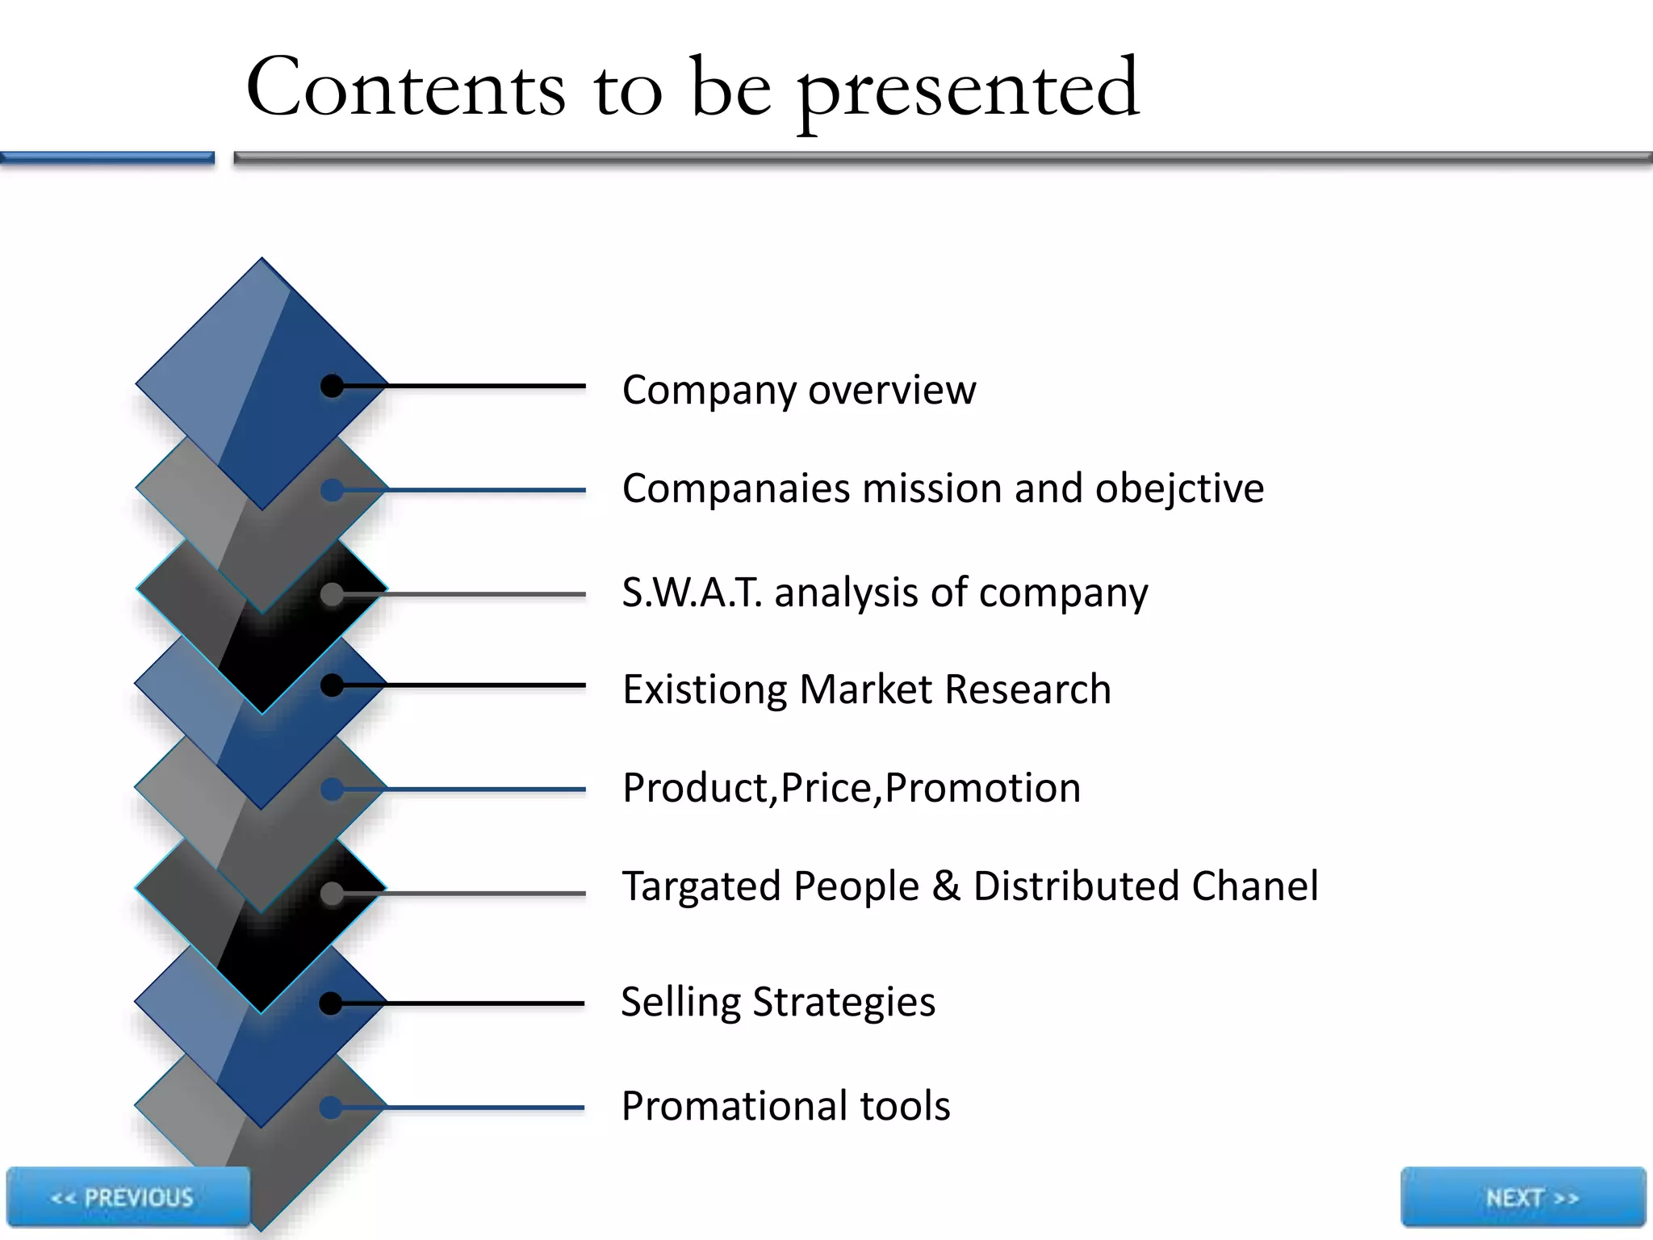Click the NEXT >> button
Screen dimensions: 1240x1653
click(x=1523, y=1197)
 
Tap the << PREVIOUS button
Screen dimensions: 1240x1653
click(x=128, y=1197)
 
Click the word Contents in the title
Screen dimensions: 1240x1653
click(x=405, y=87)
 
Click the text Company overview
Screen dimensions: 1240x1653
click(x=798, y=390)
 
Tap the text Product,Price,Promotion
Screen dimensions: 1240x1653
click(x=851, y=788)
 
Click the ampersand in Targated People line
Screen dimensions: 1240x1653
click(x=945, y=886)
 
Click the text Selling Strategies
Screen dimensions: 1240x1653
click(x=777, y=1002)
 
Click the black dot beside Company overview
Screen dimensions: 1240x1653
click(x=332, y=386)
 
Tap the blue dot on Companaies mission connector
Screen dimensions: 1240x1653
click(x=332, y=490)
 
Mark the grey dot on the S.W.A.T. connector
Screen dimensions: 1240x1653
click(x=332, y=594)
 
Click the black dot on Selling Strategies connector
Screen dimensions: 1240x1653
click(x=331, y=1003)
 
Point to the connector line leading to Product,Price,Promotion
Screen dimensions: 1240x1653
click(x=484, y=790)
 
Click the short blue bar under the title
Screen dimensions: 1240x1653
click(x=107, y=158)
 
